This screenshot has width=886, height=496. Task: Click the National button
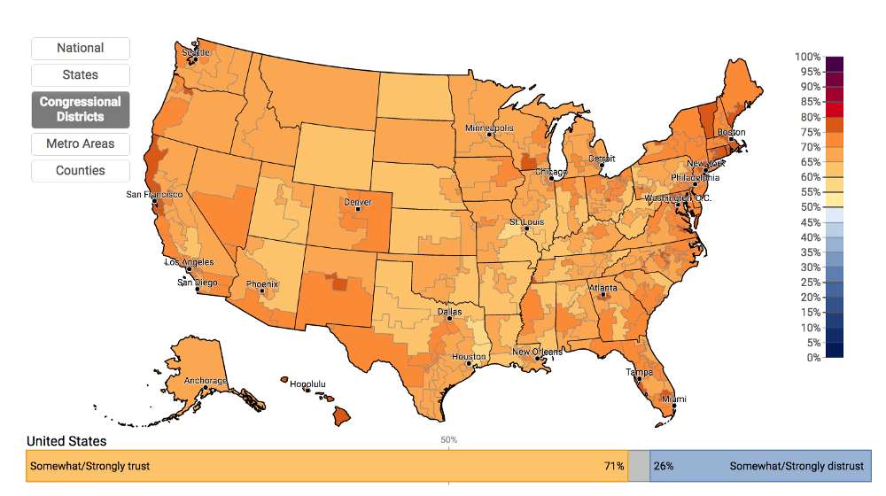coord(81,49)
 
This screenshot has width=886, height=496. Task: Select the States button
coord(81,75)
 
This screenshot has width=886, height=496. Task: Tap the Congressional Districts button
coord(81,110)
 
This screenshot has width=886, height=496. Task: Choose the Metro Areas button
coord(81,143)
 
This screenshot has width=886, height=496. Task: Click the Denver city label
coord(357,202)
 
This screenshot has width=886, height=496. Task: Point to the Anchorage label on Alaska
coord(205,381)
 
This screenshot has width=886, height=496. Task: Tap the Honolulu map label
coord(307,384)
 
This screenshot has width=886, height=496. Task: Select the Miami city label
coord(674,399)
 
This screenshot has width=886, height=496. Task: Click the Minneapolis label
coord(489,128)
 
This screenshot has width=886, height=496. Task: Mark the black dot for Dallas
coord(449,319)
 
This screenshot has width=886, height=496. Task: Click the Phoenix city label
coord(262,284)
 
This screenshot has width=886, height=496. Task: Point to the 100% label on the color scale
coord(807,57)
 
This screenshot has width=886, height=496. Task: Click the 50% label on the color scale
coord(809,207)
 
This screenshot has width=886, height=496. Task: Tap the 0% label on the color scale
coord(812,358)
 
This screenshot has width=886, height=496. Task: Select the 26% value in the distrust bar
coord(663,466)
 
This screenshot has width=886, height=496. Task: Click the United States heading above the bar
coord(66,441)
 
